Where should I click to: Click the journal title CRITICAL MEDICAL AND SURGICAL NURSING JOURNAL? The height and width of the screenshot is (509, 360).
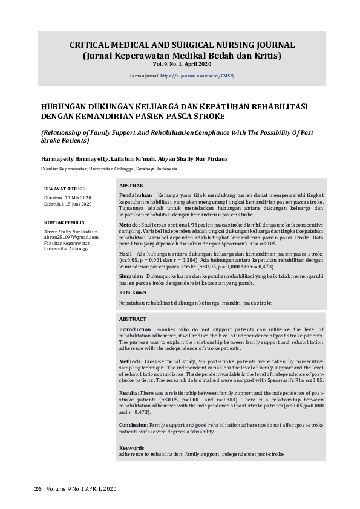pos(182,45)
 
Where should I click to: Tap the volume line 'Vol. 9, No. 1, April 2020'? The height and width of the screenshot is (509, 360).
pos(182,63)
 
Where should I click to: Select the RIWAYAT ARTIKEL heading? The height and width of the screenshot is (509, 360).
pos(65,187)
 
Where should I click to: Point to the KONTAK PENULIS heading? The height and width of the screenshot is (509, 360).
pos(64,222)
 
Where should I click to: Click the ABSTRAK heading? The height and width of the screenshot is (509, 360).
pos(131,185)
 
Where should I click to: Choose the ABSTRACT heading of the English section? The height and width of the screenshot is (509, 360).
pos(133,319)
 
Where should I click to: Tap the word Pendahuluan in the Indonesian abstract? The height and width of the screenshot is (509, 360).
pos(135,196)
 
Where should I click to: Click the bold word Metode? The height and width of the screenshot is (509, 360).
pos(128,224)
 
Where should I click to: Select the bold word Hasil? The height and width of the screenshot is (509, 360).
pos(126,254)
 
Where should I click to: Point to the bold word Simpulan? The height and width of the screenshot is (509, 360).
pos(131,276)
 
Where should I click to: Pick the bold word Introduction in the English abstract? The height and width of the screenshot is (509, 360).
pos(135,329)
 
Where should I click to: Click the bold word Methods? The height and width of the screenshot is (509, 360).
pos(131,361)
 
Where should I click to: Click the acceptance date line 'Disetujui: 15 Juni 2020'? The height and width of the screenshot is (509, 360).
pos(68,204)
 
